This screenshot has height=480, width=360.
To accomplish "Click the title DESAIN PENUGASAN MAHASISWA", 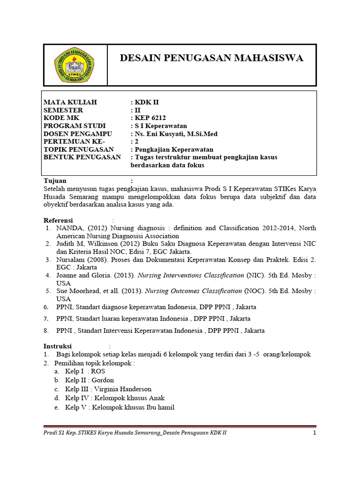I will pos(211,58).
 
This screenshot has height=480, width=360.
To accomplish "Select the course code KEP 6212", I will pos(150,118).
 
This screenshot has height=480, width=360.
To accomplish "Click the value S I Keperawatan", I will pos(160,126).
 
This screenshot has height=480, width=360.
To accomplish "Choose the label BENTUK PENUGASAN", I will pos(82,157).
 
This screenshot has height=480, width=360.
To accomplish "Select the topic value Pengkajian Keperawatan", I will pos(174,150).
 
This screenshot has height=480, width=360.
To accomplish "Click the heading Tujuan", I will pos(55,180).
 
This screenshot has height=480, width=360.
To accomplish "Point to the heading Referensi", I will pos(59,220).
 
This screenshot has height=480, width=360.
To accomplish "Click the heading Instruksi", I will pos(58,346).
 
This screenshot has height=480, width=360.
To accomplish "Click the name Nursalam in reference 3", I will pos(70,259).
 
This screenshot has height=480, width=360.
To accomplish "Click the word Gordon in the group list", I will pos(103,380).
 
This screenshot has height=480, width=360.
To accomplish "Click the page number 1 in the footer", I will pos(315,433).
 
